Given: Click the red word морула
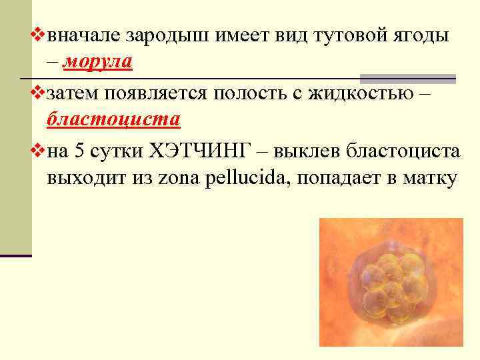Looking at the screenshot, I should point(98,63).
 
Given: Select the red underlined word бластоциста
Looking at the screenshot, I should point(113,120).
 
